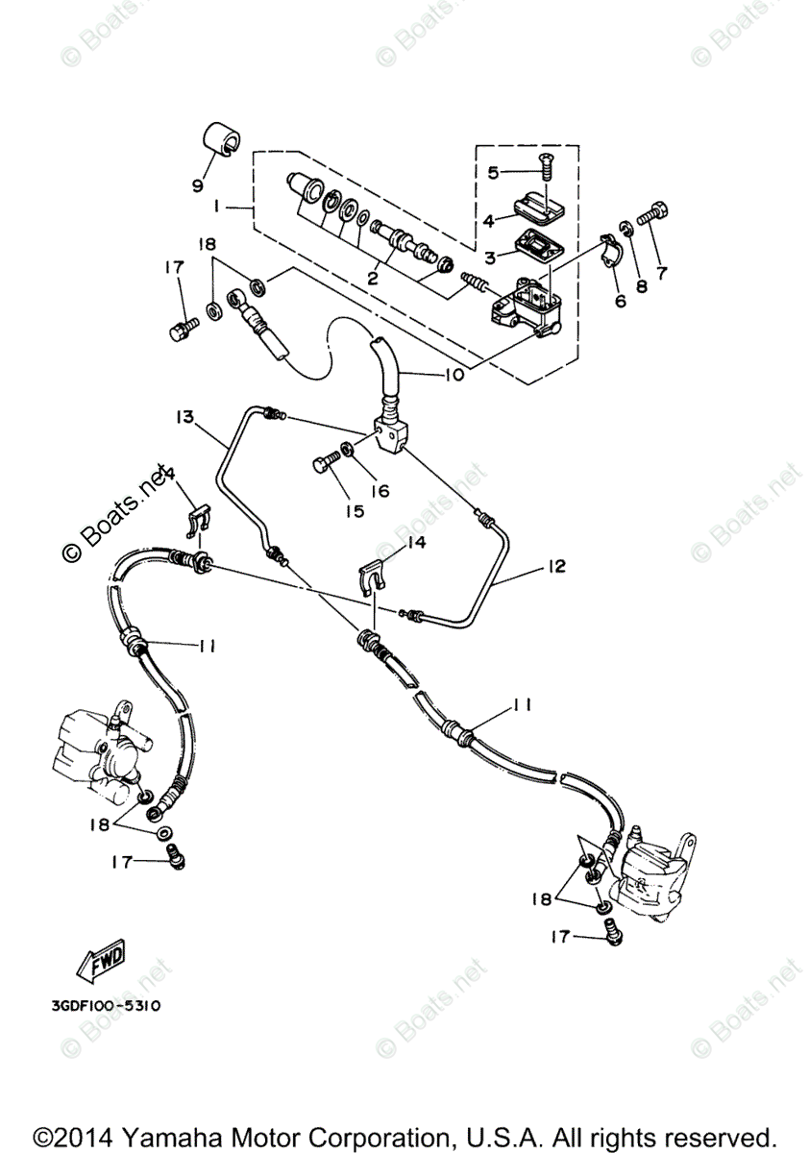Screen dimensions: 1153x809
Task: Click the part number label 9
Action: pyautogui.click(x=198, y=184)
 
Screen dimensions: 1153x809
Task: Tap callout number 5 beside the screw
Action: pyautogui.click(x=493, y=173)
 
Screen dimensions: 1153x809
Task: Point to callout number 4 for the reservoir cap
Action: pyautogui.click(x=488, y=221)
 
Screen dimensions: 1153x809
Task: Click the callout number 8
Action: pyautogui.click(x=641, y=285)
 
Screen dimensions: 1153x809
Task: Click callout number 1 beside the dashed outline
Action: pyautogui.click(x=220, y=206)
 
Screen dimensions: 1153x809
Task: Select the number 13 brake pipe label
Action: pyautogui.click(x=184, y=417)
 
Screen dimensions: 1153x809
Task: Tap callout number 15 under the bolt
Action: pyautogui.click(x=355, y=511)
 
